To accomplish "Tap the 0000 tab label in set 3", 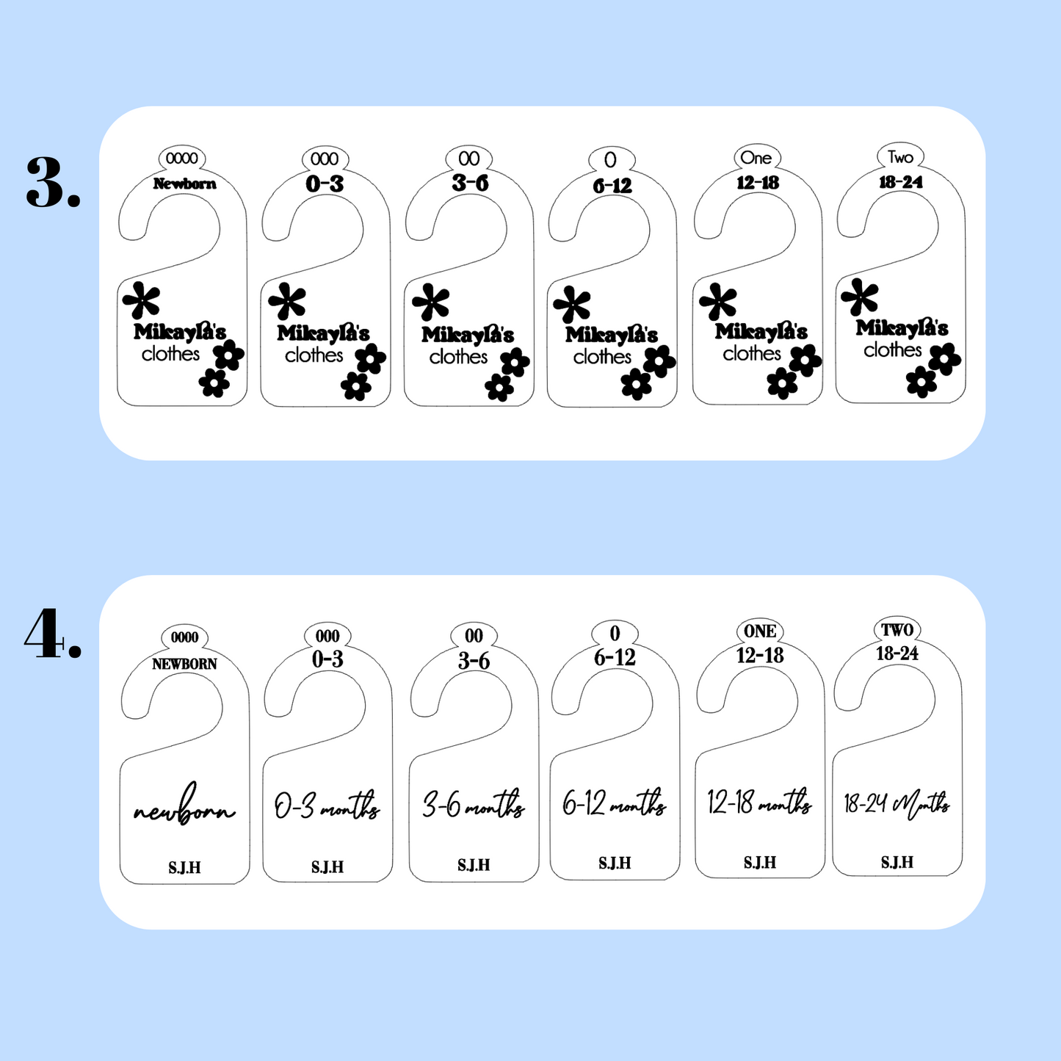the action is click(181, 159).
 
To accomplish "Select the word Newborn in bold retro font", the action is click(184, 184).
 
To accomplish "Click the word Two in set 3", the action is click(901, 157).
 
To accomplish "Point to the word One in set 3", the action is click(756, 158).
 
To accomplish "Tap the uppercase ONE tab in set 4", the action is click(760, 631).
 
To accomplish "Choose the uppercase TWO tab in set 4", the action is click(897, 630).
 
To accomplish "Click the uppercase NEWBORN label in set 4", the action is click(184, 664).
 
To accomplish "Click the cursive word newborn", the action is click(184, 805).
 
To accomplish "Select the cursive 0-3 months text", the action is click(327, 805).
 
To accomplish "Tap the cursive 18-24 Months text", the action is click(897, 805).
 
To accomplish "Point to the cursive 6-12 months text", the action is click(615, 803).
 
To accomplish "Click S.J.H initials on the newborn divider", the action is click(184, 869).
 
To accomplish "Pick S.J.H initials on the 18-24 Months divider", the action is click(897, 862).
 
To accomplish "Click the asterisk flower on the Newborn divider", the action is click(142, 300).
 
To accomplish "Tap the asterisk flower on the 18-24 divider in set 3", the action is click(860, 297).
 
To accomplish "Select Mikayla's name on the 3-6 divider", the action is click(468, 333).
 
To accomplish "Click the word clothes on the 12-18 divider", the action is click(752, 353).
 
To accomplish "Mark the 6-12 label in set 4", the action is click(615, 657).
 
